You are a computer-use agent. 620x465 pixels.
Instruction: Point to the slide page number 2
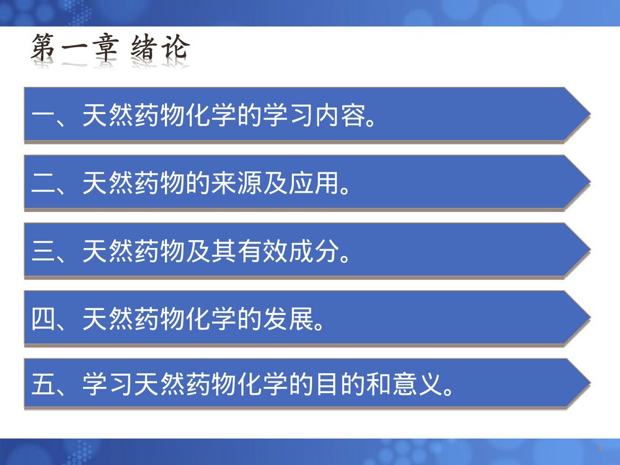click(601, 448)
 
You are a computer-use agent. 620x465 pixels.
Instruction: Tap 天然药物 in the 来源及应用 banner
click(133, 184)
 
